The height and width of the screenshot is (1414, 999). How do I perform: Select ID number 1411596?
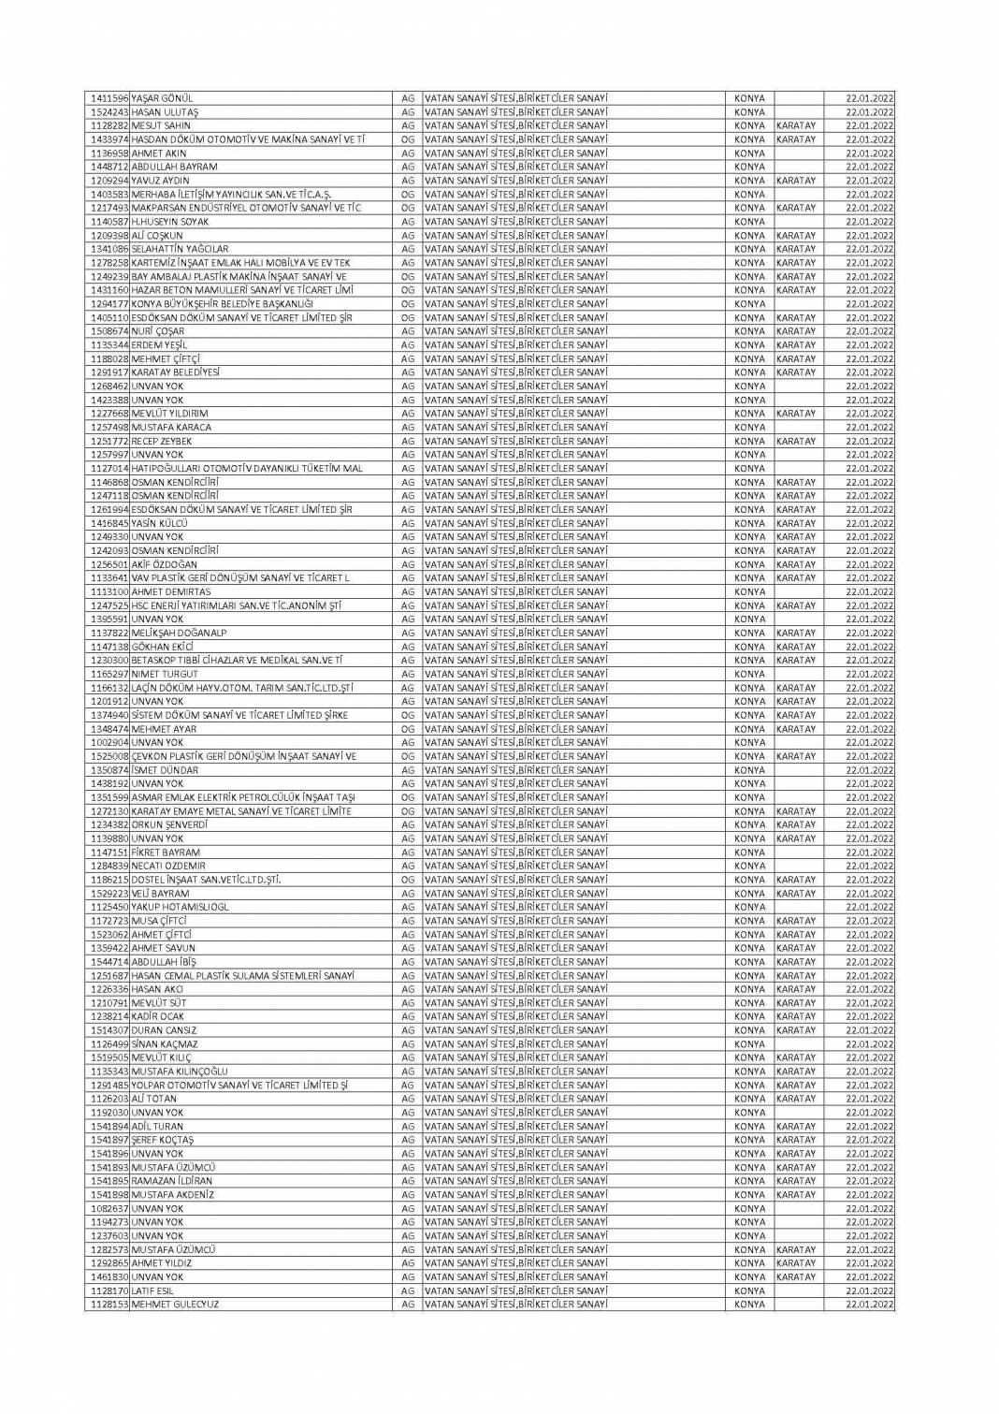(109, 98)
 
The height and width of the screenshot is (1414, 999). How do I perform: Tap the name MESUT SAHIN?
(161, 125)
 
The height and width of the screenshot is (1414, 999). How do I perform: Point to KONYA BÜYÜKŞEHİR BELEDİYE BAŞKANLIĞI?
(223, 304)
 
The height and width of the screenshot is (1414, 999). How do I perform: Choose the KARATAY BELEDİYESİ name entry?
(176, 372)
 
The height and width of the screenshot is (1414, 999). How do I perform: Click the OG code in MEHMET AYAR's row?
(407, 729)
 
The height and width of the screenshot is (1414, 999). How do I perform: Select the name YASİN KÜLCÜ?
(160, 523)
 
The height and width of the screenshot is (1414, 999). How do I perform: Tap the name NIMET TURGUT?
(165, 674)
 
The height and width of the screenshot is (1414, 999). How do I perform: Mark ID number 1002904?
(109, 743)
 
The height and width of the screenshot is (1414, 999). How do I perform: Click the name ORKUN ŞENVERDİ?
(169, 825)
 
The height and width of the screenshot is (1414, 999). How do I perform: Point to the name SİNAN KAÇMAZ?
(165, 1044)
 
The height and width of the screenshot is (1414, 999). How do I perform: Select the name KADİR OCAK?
(158, 1017)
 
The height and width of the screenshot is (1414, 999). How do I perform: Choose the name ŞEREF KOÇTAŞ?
(163, 1141)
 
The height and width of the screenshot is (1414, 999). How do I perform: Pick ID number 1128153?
(109, 1305)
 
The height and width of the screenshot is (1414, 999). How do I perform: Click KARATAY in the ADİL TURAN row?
(796, 1127)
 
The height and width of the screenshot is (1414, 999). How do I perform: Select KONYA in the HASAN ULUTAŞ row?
(749, 112)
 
